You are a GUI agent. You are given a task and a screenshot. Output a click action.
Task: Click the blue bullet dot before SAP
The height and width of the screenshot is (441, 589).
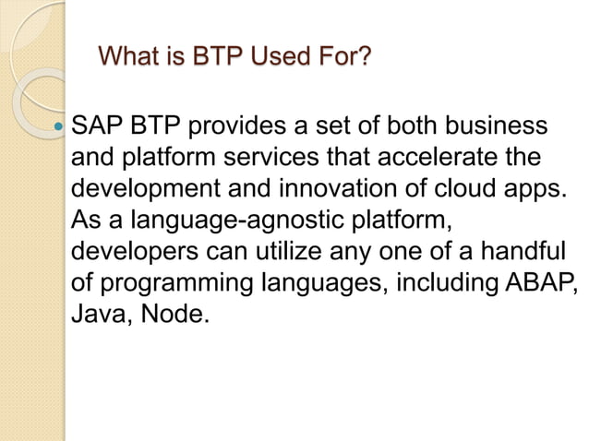(61, 125)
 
